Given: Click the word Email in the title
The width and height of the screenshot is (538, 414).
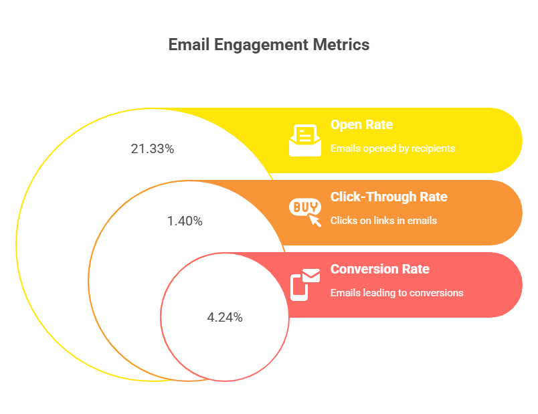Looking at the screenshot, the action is click(189, 45).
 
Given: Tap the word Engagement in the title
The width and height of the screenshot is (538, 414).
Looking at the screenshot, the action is click(262, 45).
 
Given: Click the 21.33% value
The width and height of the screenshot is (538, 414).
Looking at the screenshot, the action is click(153, 149).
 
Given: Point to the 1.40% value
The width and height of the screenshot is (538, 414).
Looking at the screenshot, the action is click(185, 221).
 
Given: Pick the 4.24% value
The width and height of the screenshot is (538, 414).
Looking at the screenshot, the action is click(225, 317).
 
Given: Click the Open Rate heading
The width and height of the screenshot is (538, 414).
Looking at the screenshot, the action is click(361, 125).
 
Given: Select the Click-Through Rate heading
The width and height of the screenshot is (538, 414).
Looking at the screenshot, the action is click(389, 197).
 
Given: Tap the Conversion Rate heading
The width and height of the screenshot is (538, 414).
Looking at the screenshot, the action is click(380, 269).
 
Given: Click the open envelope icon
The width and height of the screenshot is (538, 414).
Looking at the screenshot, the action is click(305, 140).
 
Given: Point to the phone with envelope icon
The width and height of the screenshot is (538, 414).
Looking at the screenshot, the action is click(305, 285).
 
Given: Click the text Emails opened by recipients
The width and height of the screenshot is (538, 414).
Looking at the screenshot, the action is click(393, 148).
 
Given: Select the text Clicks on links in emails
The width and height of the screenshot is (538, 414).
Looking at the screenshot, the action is click(383, 221).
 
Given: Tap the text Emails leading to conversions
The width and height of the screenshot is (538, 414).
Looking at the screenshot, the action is click(397, 293).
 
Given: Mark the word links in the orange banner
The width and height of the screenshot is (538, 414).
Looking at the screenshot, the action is click(383, 221).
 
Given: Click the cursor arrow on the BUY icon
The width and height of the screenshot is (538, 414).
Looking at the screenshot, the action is click(315, 220).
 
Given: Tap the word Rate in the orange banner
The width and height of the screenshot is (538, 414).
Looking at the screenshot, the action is click(434, 197).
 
